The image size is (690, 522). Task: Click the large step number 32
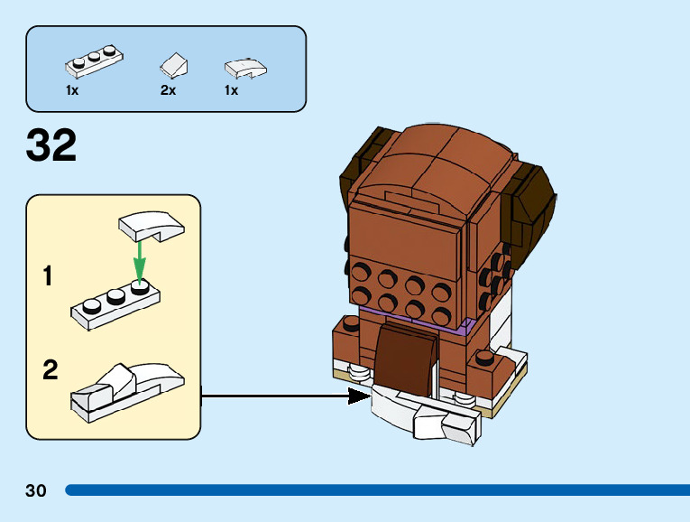click(51, 146)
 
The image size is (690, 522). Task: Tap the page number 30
click(36, 491)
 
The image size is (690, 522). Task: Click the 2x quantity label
click(168, 90)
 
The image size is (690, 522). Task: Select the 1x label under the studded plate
click(72, 90)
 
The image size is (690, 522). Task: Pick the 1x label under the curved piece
click(231, 90)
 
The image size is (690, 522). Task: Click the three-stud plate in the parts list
click(94, 61)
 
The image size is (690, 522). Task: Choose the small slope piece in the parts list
click(173, 64)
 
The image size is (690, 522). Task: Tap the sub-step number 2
click(51, 369)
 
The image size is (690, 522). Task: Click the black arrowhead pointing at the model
click(360, 395)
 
